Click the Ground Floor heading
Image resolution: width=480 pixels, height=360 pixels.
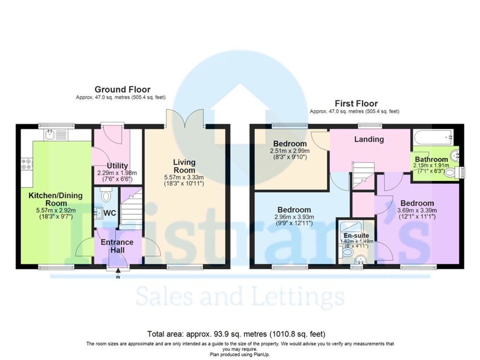coord(122,89)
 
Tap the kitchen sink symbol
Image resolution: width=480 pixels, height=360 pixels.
coord(50,135)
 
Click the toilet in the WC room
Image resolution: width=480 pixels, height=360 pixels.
coord(106,196)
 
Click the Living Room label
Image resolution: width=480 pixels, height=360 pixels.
coord(184,166)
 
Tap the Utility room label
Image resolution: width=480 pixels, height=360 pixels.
coord(117,166)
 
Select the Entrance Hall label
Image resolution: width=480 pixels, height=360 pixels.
coord(117,246)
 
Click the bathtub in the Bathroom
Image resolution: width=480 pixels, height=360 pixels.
coord(434,138)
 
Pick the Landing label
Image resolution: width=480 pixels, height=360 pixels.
coord(369,139)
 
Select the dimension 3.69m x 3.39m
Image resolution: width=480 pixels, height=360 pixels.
coord(417,210)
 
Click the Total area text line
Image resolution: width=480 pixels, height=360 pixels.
coord(236,334)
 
